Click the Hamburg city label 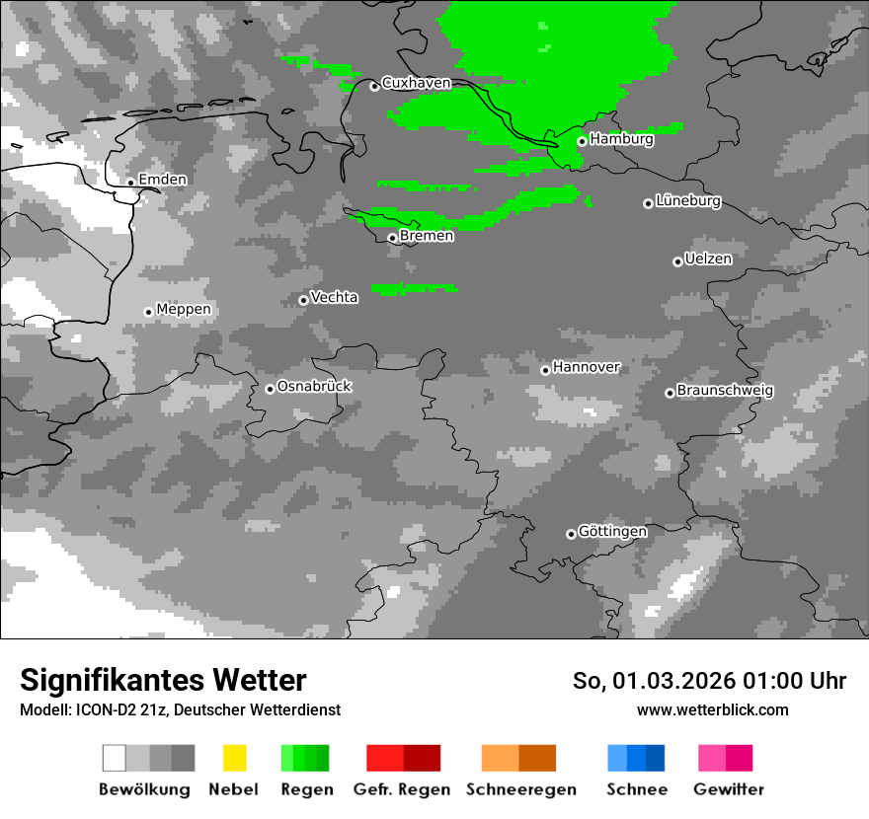coord(621,139)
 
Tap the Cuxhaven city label coord(416,83)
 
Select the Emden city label coord(162,180)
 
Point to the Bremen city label coord(427,236)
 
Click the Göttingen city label coord(612,531)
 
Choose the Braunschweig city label coord(725,390)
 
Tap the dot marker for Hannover coord(545,370)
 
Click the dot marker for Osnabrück coord(270,389)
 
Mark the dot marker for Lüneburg coord(648,203)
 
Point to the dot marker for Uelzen coord(677,261)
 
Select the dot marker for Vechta coord(303,300)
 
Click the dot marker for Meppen coord(148,312)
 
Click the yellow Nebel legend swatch coord(234,758)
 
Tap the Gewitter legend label coord(729,789)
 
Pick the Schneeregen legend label coord(521,789)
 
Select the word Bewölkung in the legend coord(144,789)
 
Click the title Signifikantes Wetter coord(163,680)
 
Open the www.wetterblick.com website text coord(712,709)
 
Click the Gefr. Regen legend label coord(402,789)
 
